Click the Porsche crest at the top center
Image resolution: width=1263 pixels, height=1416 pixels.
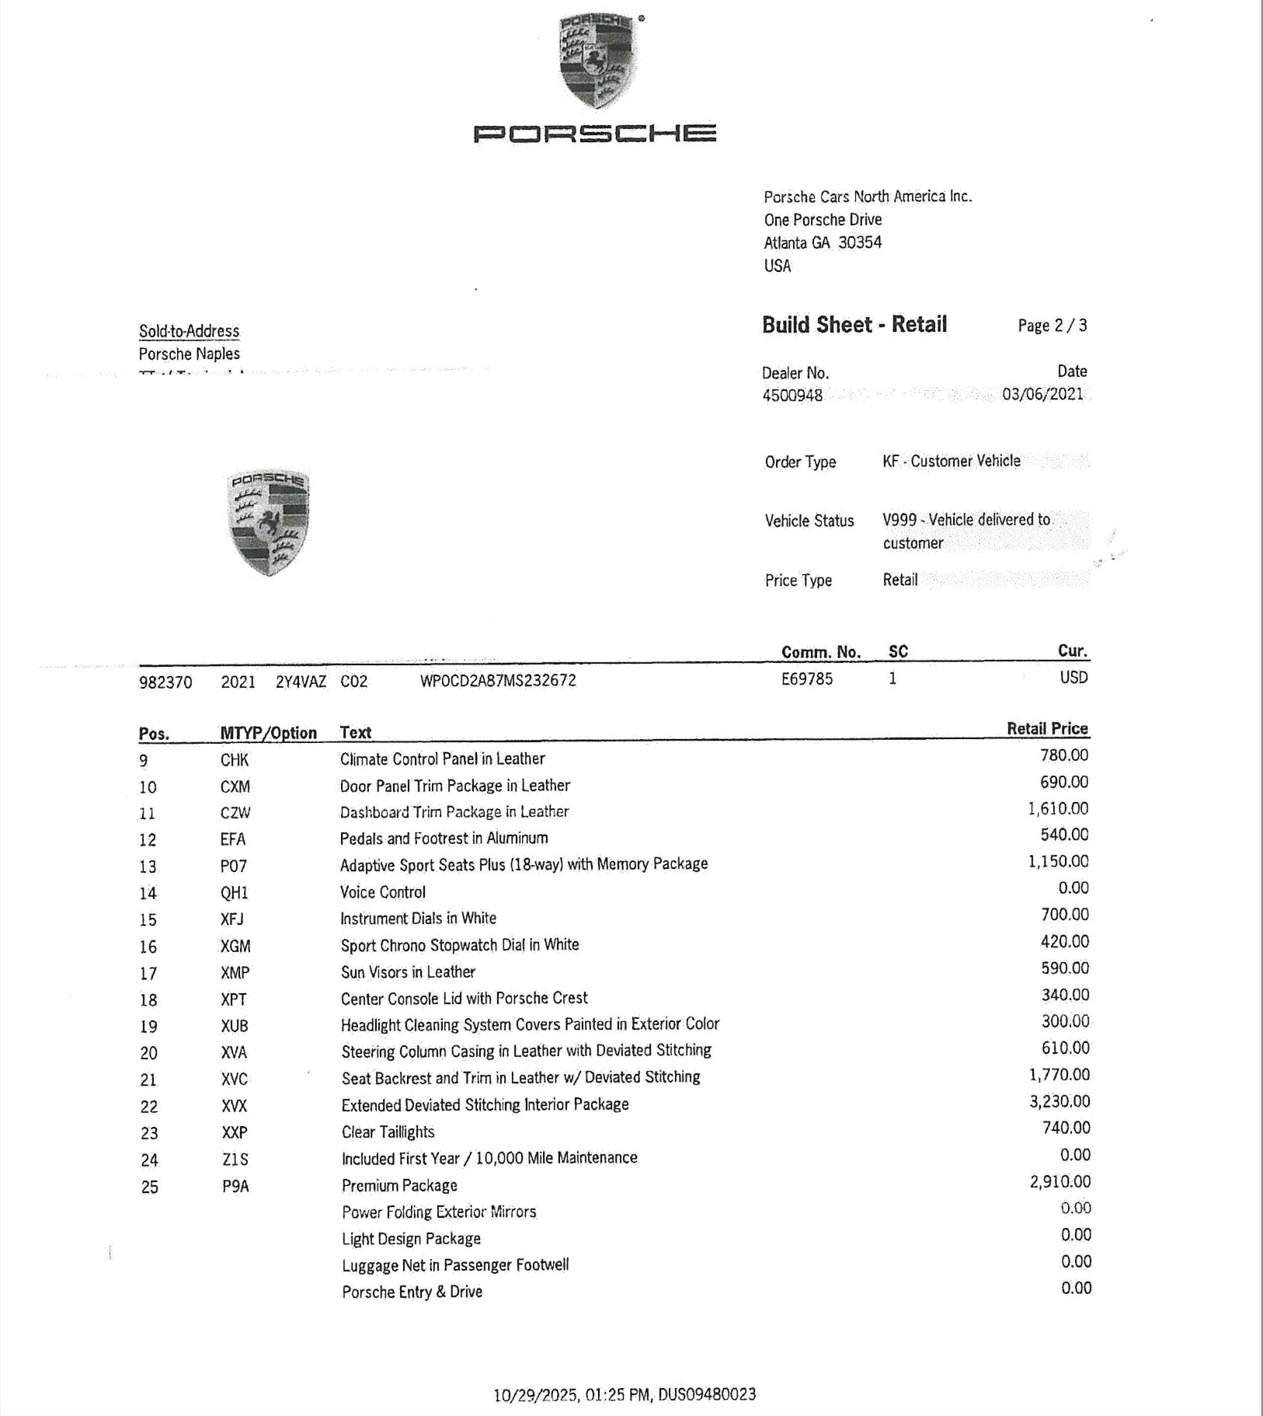(597, 61)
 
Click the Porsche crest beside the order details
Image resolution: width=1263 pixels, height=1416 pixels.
(269, 521)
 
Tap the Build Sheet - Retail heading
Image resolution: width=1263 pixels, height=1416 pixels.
(854, 324)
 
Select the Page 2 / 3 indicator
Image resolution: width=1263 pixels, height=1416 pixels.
(1052, 326)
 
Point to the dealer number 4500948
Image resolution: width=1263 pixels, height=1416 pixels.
(792, 395)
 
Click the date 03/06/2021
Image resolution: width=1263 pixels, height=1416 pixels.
(1042, 393)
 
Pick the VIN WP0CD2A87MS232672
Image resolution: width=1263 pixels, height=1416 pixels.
(498, 681)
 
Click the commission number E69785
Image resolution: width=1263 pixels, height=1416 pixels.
(806, 679)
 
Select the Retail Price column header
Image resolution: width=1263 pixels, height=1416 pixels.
(1047, 728)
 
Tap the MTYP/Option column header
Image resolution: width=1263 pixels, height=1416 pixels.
(268, 733)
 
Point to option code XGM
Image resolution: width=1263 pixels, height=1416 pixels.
(235, 946)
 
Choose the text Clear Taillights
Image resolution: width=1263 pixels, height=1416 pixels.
(388, 1132)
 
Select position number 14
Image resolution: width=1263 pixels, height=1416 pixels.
(148, 893)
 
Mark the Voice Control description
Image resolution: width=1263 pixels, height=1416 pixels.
(382, 892)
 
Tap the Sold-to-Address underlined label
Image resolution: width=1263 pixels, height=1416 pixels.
(189, 331)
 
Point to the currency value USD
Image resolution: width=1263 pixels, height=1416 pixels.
(1073, 678)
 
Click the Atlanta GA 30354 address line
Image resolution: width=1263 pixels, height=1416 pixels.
(822, 242)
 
